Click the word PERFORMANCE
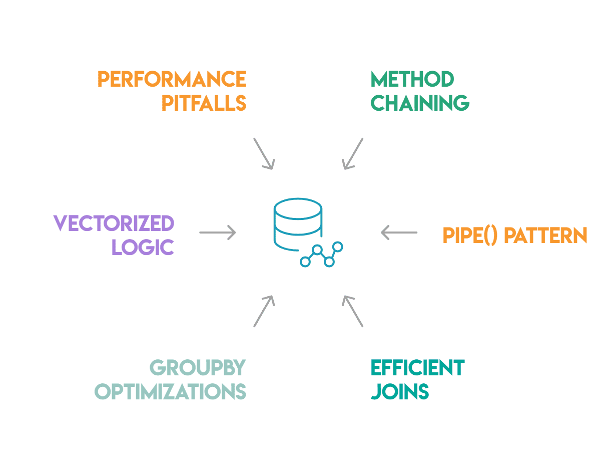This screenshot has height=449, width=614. pyautogui.click(x=172, y=79)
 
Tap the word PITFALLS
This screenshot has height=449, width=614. pyautogui.click(x=204, y=103)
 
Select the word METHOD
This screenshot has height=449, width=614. pyautogui.click(x=412, y=79)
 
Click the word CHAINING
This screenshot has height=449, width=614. pyautogui.click(x=420, y=103)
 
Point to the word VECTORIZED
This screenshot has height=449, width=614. pyautogui.click(x=114, y=223)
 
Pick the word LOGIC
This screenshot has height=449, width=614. pyautogui.click(x=143, y=247)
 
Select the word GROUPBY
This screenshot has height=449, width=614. pyautogui.click(x=198, y=368)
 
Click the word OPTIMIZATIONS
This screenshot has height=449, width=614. pyautogui.click(x=170, y=391)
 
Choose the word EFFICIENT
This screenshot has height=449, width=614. pyautogui.click(x=417, y=368)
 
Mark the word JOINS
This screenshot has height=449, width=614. pyautogui.click(x=400, y=391)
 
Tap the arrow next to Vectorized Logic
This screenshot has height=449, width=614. pyautogui.click(x=217, y=233)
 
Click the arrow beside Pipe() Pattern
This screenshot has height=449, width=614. pyautogui.click(x=399, y=233)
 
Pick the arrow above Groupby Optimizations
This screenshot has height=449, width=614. pyautogui.click(x=264, y=311)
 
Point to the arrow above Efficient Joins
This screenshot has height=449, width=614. pyautogui.click(x=353, y=311)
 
